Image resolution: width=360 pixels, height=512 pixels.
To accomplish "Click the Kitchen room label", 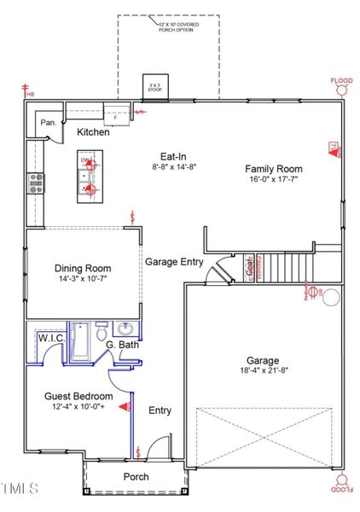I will coord(93,132).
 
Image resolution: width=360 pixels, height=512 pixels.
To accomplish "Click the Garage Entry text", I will coord(173,262).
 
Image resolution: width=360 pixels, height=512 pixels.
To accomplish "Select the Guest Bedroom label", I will coord(78,397).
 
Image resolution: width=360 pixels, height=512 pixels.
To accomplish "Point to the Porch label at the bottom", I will coord(136,476).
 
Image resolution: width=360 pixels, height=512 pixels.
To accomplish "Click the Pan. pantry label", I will coord(49,124).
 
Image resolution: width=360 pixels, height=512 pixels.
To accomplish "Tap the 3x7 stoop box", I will coord(154,87).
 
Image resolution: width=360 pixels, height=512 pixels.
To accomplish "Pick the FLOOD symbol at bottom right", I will coord(342,485).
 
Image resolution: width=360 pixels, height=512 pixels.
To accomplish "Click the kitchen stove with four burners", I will coord(37,183).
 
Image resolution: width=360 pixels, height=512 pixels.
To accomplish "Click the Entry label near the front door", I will coord(160,410).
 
